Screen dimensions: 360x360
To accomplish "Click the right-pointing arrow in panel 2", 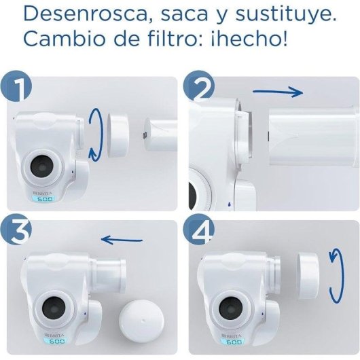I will click(x=278, y=90).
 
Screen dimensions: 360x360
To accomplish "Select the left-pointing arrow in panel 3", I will click(x=122, y=239).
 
